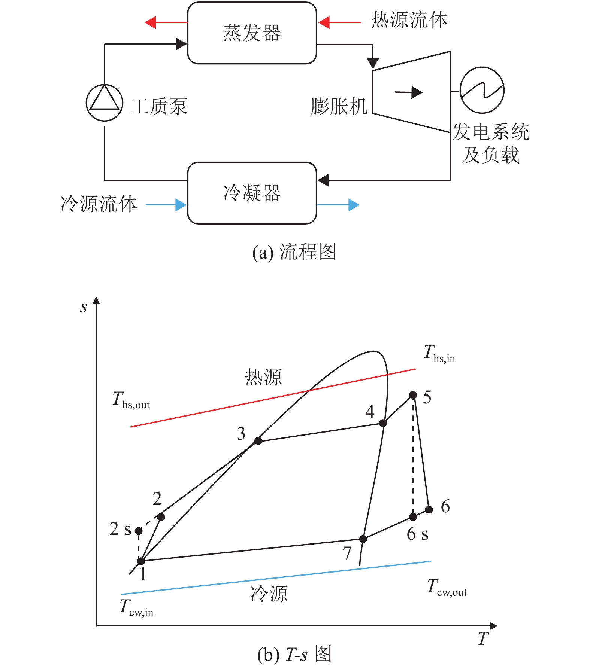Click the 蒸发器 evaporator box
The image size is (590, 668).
252,33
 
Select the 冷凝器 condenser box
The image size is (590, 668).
252,193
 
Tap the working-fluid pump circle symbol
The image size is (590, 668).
105,103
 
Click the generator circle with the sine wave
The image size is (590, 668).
482,90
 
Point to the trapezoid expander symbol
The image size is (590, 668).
411,92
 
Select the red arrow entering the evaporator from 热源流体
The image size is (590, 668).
339,22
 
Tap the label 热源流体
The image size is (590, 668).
409,20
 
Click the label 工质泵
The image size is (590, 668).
159,106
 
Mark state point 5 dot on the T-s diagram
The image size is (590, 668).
413,394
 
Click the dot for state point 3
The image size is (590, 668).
258,441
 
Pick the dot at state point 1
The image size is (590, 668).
141,561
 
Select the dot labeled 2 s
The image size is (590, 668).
139,531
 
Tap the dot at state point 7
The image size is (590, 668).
363,539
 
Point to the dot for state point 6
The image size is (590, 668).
429,509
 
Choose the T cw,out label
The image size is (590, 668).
447,588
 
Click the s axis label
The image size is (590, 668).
84,307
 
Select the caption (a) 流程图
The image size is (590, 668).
294,252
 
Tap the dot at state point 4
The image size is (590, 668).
383,423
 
